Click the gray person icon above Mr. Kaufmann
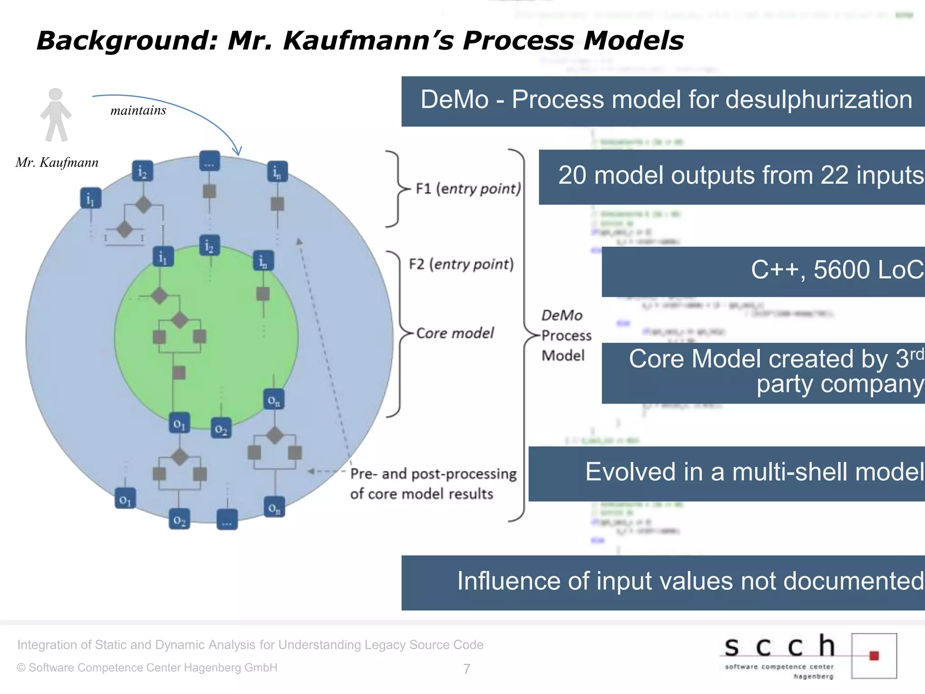pyautogui.click(x=56, y=115)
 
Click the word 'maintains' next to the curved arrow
pyautogui.click(x=138, y=111)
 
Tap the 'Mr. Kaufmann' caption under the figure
pyautogui.click(x=57, y=163)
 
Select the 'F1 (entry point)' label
pyautogui.click(x=468, y=188)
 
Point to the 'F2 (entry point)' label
pyautogui.click(x=461, y=264)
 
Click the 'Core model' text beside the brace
pyautogui.click(x=455, y=333)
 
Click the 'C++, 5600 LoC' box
pyautogui.click(x=763, y=272)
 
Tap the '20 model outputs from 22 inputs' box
pyautogui.click(x=732, y=177)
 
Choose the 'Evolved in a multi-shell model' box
pyautogui.click(x=727, y=474)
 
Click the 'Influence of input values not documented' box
pyautogui.click(x=663, y=582)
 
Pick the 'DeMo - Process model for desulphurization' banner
pyautogui.click(x=663, y=101)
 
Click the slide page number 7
pyautogui.click(x=467, y=669)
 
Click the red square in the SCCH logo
pyautogui.click(x=874, y=656)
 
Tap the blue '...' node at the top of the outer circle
pyautogui.click(x=209, y=161)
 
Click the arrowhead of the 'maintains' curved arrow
pyautogui.click(x=238, y=151)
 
